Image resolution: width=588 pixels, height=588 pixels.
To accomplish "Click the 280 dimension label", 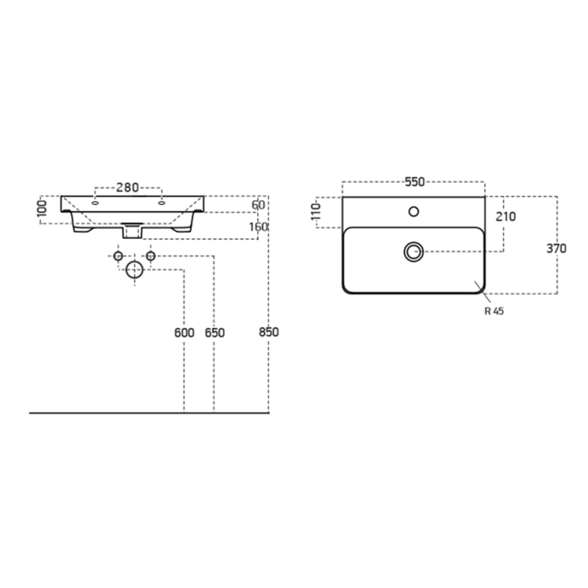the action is pyautogui.click(x=127, y=187).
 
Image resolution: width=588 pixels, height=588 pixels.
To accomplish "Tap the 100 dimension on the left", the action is pyautogui.click(x=43, y=208).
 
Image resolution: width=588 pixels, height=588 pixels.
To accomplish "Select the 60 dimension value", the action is pyautogui.click(x=258, y=205).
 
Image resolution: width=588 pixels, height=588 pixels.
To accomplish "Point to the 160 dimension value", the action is pyautogui.click(x=259, y=227).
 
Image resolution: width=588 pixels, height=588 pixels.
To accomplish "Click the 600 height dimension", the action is pyautogui.click(x=184, y=333).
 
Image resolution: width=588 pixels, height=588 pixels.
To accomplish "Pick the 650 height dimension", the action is pyautogui.click(x=215, y=333).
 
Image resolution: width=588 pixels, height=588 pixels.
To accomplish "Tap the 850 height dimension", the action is pyautogui.click(x=269, y=332).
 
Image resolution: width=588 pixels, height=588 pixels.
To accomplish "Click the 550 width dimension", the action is pyautogui.click(x=415, y=182).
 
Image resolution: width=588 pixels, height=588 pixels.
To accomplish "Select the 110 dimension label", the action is pyautogui.click(x=317, y=212).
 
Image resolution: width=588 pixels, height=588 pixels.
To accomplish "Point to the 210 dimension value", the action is pyautogui.click(x=506, y=217).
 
